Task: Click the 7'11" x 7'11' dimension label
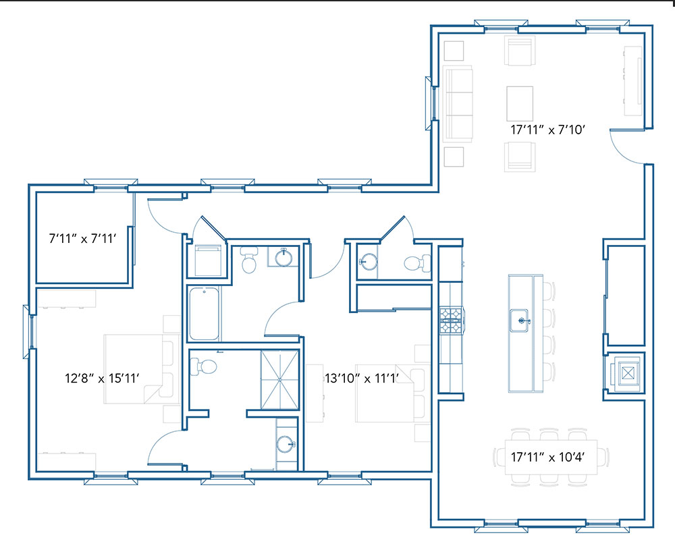tap(82, 238)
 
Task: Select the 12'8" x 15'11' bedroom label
tap(102, 379)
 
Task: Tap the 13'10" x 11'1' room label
tap(362, 379)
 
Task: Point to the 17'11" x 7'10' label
tap(547, 130)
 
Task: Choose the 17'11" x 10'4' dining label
tap(547, 457)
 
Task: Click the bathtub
tap(204, 313)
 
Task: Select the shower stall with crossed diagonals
tap(280, 380)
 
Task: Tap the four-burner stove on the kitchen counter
tap(451, 321)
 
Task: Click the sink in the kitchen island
tap(520, 321)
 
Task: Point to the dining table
tap(551, 457)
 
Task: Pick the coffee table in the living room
tap(520, 104)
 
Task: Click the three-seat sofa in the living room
tap(458, 104)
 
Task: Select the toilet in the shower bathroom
tap(202, 367)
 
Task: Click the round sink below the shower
tap(286, 444)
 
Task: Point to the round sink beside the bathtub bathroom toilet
tap(283, 257)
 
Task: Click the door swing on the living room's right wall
tap(626, 147)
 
